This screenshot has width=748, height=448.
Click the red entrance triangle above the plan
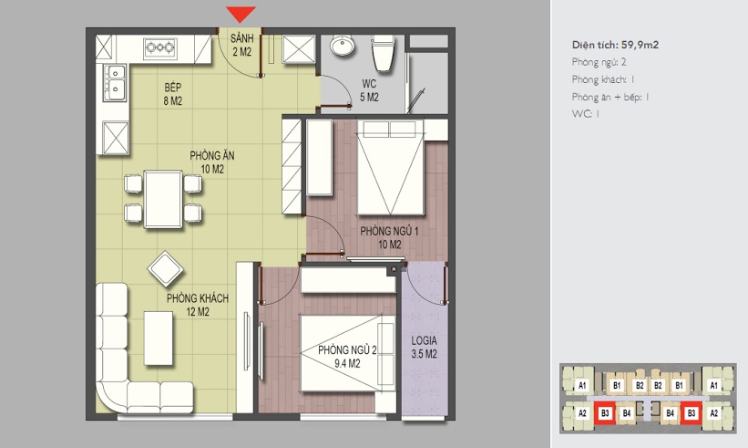pos(241,14)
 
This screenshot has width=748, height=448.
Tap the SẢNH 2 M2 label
pos(241,45)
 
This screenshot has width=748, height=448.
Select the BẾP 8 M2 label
pos(173,94)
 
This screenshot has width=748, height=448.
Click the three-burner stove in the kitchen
pos(160,47)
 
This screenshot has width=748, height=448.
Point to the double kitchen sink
pos(116,83)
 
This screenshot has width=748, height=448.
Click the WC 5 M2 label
pos(369,90)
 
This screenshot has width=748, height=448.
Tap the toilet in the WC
pos(384,53)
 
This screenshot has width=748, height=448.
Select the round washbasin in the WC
pos(342,46)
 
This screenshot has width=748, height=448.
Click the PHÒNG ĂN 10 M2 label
pos(211,162)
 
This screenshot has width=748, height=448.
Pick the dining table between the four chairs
pos(163,199)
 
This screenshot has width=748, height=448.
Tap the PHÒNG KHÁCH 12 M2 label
pos(198,305)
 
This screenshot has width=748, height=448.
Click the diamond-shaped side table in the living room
pos(166,269)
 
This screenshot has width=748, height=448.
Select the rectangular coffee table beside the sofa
pos(159,339)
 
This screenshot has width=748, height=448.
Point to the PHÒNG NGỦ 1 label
pos(389,231)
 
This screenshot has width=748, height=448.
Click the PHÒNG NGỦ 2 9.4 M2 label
pos(347,357)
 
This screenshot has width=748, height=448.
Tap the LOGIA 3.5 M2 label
pos(424,348)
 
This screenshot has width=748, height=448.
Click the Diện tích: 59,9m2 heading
pos(615,45)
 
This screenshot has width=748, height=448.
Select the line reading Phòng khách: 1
pos(603,79)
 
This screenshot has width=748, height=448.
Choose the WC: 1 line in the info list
pos(585,114)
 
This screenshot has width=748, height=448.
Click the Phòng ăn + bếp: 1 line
pos(610,97)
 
